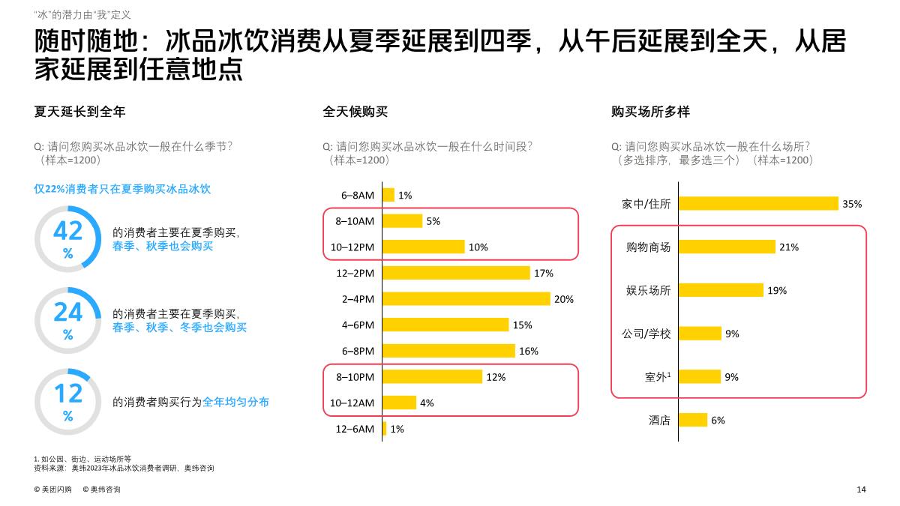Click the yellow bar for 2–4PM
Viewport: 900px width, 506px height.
tap(466, 299)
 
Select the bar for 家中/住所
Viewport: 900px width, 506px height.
tap(758, 203)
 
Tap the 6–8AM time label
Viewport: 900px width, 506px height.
tap(357, 195)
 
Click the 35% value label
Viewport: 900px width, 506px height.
tap(852, 204)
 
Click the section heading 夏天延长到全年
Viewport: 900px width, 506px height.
tap(79, 112)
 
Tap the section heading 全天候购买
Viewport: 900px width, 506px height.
tap(355, 112)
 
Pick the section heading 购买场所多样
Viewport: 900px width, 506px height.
tap(650, 112)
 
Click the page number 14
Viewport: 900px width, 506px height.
tap(861, 490)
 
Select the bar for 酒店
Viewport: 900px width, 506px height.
tap(693, 420)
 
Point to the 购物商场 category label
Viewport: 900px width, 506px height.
tap(648, 247)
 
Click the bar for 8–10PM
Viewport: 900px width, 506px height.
tap(432, 377)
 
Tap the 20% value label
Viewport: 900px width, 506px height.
tap(563, 299)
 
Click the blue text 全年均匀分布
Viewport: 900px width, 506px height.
tap(235, 402)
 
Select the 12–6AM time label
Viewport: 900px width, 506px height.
tap(355, 429)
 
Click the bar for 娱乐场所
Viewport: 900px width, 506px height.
tap(721, 290)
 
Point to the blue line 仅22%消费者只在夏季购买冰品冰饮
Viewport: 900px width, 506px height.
tap(122, 189)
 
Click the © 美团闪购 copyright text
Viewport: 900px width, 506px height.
tap(53, 490)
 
